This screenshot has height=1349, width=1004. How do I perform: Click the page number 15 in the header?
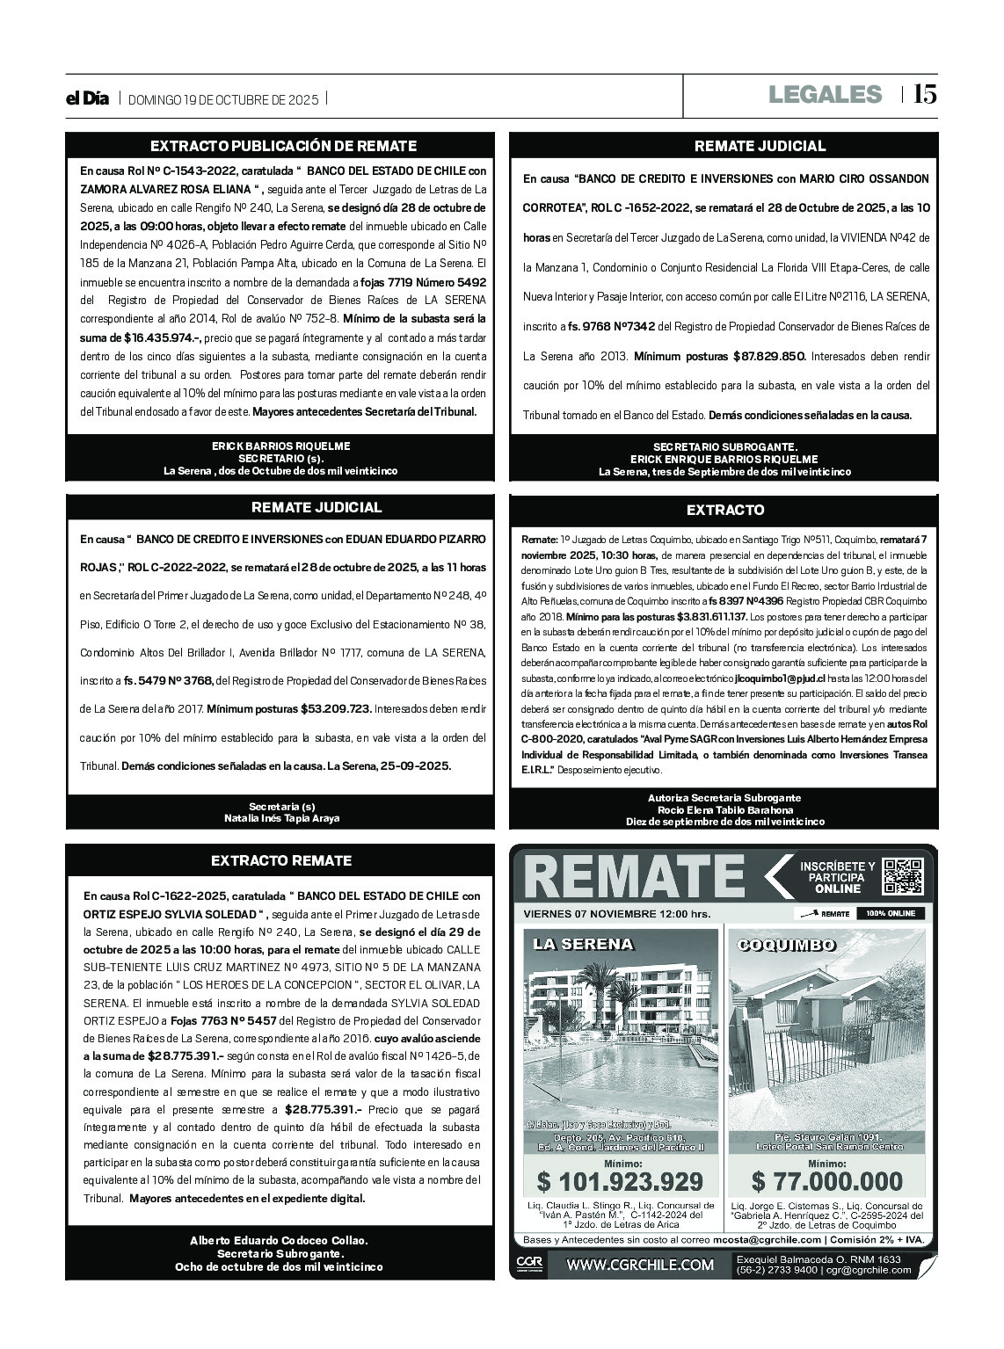[x=924, y=94]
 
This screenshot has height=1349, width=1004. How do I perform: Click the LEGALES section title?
[x=824, y=94]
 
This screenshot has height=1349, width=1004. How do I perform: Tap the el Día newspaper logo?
[x=87, y=99]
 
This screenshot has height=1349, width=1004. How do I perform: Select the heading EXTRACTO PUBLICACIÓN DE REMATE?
[x=283, y=146]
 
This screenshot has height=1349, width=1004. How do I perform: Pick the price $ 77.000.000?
[x=827, y=1181]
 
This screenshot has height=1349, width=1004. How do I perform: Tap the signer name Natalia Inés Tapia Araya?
[x=281, y=818]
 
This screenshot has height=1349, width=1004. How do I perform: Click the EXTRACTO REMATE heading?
[x=281, y=861]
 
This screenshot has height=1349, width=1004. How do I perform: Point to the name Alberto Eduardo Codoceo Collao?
[x=279, y=1240]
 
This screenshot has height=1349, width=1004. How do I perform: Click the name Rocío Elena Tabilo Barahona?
[x=724, y=809]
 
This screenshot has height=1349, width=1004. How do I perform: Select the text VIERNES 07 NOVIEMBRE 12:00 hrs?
[x=616, y=914]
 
